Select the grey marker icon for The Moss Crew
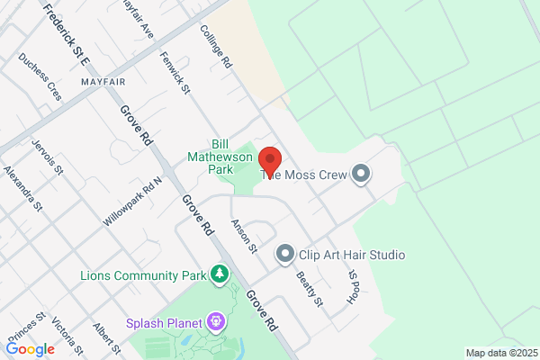tap(361, 174)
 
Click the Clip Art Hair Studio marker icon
tap(285, 255)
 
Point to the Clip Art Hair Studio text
tap(352, 255)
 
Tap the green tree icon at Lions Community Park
tap(219, 274)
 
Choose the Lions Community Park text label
tap(142, 274)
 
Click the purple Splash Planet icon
tap(215, 320)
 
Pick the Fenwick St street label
tap(175, 72)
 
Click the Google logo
tap(30, 349)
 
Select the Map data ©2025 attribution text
tap(500, 353)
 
